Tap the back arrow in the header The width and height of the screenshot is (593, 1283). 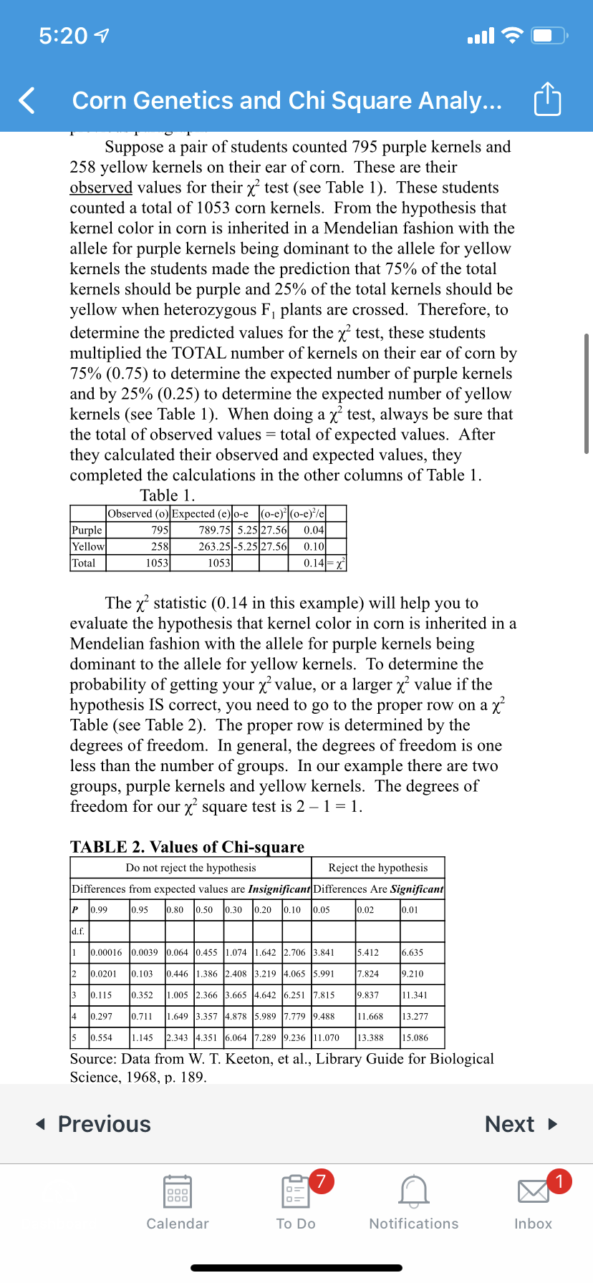pos(27,100)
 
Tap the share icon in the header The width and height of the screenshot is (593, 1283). pos(547,100)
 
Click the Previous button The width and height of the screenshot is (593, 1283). pos(94,1124)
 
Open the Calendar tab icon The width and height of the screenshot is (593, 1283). pos(178,1192)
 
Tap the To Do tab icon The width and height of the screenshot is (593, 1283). pos(295,1192)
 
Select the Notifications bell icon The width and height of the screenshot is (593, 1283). pos(414,1192)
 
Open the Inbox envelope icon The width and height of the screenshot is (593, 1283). pos(533,1192)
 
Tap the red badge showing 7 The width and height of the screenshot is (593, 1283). pos(322,1181)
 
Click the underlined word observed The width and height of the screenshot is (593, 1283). pos(101,188)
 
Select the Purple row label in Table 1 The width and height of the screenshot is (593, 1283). pos(87,531)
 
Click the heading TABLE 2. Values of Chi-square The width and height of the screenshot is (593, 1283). pos(187,847)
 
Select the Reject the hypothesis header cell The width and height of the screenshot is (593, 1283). pos(378,868)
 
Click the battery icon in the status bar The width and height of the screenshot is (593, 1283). pos(551,35)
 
